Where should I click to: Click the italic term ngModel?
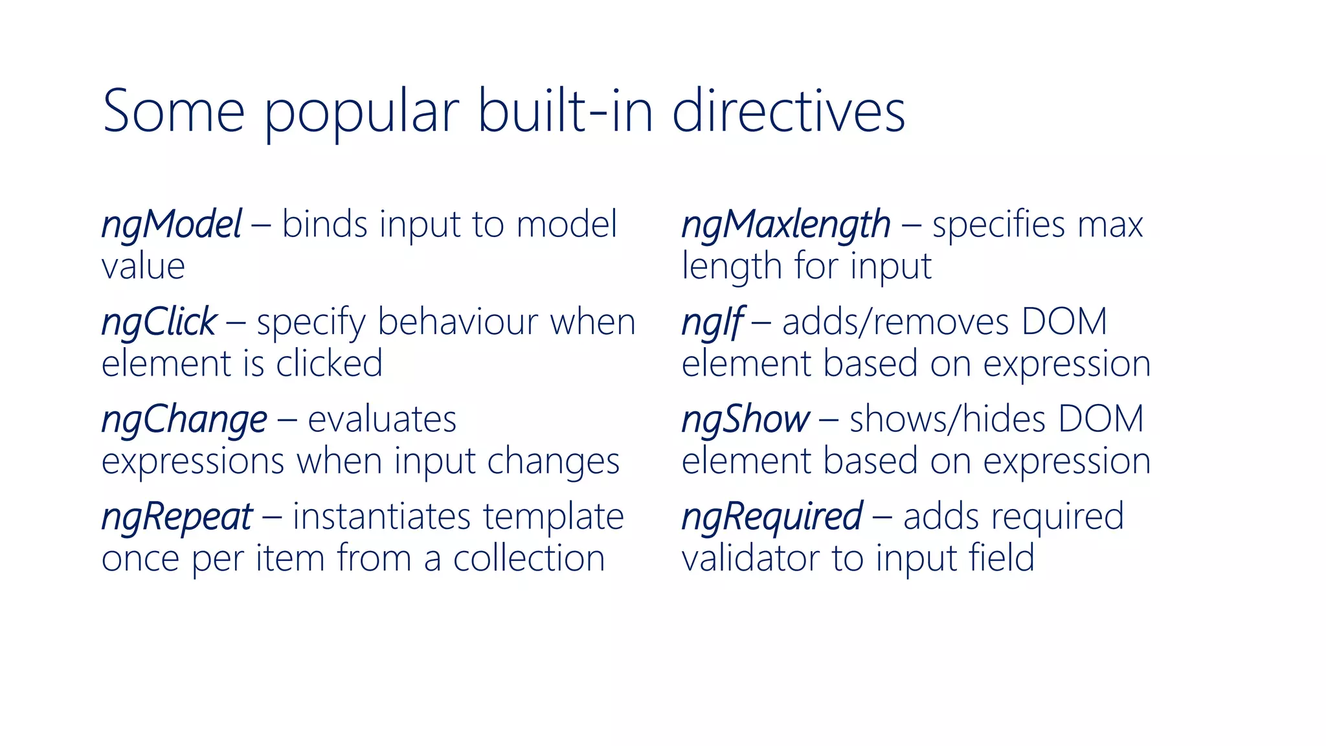point(172,225)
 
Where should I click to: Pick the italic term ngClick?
point(159,322)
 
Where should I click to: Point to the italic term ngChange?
point(184,420)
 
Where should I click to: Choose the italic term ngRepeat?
point(177,517)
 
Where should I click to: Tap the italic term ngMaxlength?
point(786,225)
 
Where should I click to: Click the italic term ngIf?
point(712,322)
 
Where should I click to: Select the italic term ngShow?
point(745,420)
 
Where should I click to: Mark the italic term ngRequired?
point(772,517)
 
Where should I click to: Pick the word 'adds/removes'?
point(895,322)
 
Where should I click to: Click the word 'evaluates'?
point(382,420)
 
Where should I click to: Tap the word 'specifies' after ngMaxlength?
point(998,225)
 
